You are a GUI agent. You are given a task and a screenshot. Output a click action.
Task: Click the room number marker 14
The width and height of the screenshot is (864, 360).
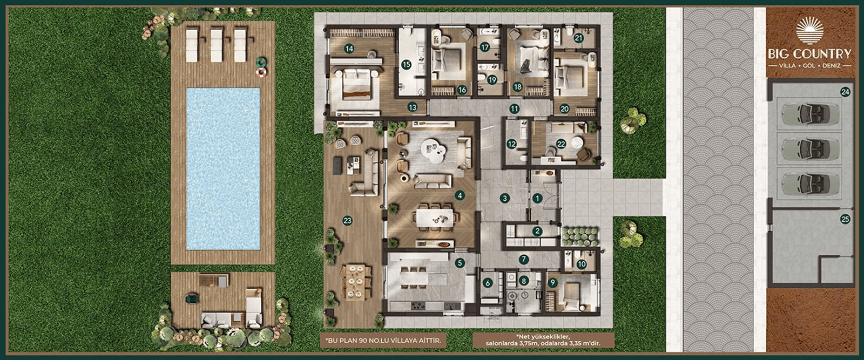click(x=349, y=49)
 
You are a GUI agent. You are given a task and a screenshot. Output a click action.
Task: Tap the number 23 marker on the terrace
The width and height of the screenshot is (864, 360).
click(x=348, y=221)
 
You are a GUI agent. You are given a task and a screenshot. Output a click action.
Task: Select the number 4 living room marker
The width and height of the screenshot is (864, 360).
click(x=460, y=195)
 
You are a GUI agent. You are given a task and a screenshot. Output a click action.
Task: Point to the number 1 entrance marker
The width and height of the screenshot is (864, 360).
click(x=537, y=199)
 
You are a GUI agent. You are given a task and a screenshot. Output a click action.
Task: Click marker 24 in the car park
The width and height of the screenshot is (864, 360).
click(x=845, y=92)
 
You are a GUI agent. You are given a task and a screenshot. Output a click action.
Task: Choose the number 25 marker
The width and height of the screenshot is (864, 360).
click(x=845, y=219)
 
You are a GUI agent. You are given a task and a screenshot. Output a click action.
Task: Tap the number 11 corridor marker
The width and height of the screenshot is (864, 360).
click(x=514, y=108)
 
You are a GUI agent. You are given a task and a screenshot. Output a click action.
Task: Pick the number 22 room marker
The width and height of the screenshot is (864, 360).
click(x=561, y=144)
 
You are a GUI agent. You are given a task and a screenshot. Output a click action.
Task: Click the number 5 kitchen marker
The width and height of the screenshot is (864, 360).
click(x=460, y=263)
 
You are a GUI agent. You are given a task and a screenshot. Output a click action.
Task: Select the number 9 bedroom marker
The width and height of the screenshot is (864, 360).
click(x=552, y=282)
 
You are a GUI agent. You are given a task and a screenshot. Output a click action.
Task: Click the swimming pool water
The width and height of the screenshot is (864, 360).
click(x=223, y=169)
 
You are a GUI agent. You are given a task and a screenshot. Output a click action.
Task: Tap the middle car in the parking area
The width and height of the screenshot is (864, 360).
click(x=809, y=149)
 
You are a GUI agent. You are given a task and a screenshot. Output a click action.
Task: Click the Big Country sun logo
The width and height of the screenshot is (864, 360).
click(x=809, y=30)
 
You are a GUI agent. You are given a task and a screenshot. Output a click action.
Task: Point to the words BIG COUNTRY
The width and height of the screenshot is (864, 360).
click(x=809, y=53)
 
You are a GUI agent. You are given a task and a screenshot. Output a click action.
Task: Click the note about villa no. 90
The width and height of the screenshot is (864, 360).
click(x=383, y=341)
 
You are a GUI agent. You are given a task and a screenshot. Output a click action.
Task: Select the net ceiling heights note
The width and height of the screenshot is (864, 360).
click(x=543, y=341)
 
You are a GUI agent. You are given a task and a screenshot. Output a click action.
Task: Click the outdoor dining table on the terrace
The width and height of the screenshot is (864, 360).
click(x=355, y=282)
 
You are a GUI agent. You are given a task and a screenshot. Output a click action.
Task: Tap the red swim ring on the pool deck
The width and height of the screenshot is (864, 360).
click(x=261, y=72)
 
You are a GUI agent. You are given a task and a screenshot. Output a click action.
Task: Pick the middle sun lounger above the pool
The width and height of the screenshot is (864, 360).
click(x=217, y=45)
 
